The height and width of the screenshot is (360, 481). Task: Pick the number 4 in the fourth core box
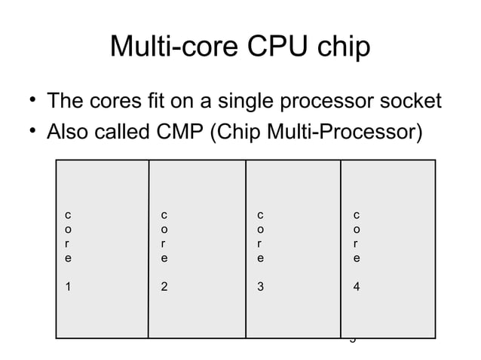357,287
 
